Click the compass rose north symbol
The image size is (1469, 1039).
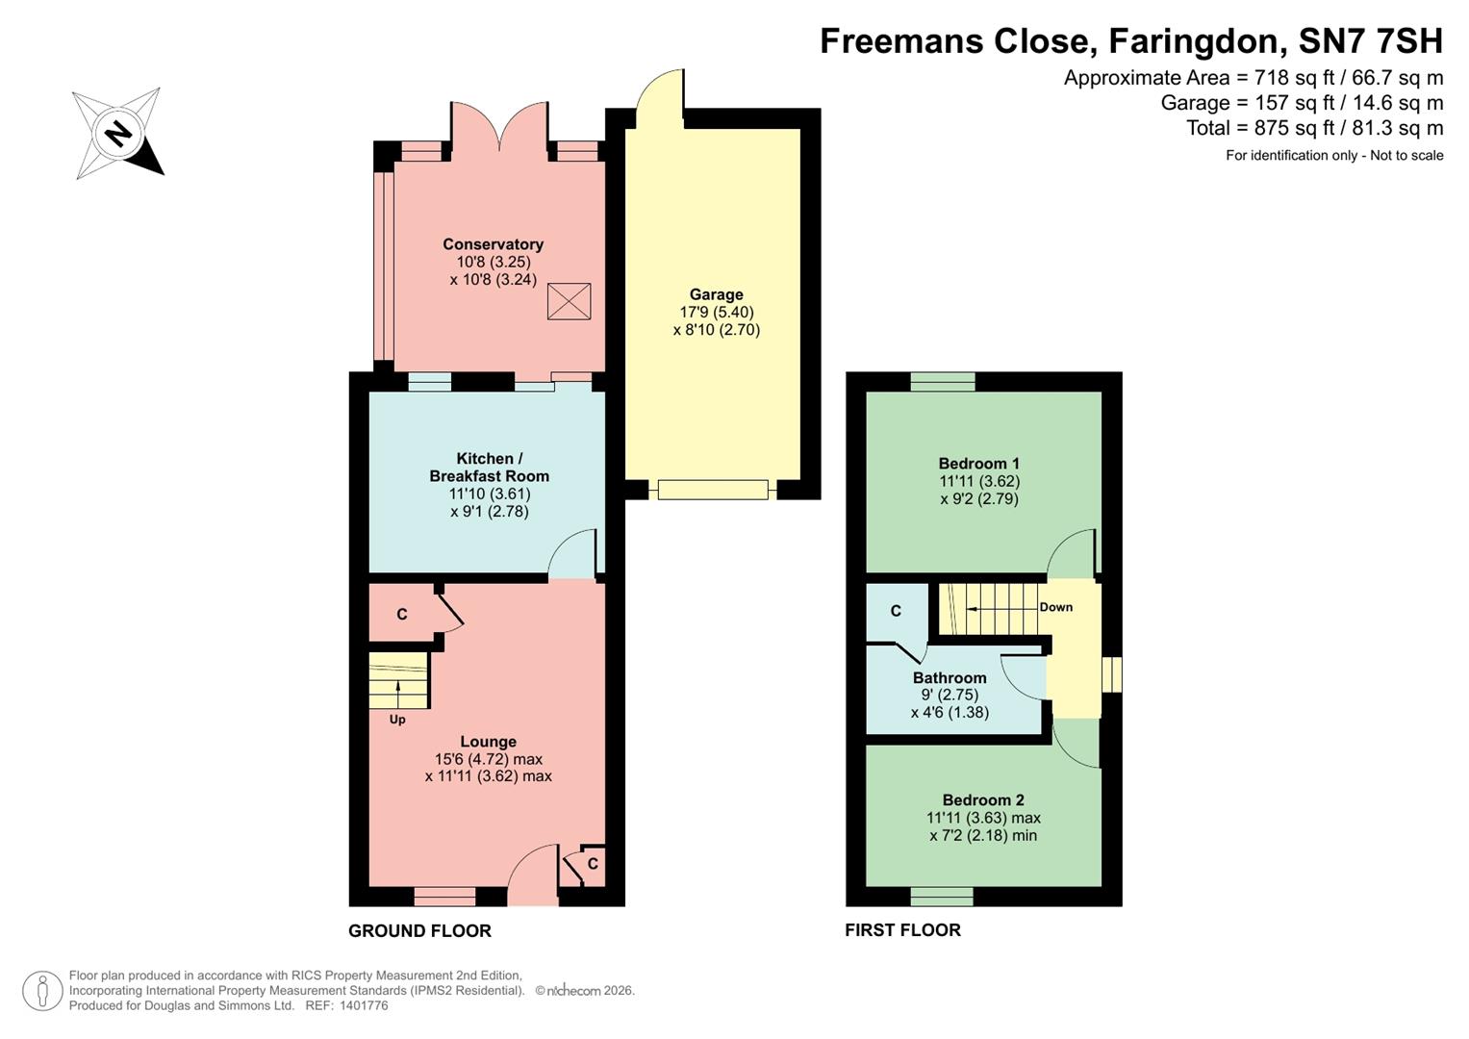(x=118, y=133)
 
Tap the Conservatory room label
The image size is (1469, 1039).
(x=493, y=244)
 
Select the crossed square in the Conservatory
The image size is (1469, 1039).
(x=569, y=301)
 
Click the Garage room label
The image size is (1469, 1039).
(x=716, y=295)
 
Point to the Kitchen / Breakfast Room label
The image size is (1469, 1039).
(x=489, y=468)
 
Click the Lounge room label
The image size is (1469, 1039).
(x=488, y=742)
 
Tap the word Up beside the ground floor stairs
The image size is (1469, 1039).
(x=397, y=720)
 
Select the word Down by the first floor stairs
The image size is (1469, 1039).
(x=1055, y=607)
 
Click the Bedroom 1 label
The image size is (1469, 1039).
(x=979, y=464)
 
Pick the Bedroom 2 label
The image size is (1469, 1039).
(x=983, y=800)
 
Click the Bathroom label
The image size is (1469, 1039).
(x=950, y=678)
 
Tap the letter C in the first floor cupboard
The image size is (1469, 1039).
(x=896, y=611)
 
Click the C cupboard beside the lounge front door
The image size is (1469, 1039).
(x=593, y=864)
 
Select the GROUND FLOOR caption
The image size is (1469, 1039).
(x=419, y=931)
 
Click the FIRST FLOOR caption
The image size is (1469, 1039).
(x=902, y=930)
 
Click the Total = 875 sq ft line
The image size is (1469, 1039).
(x=1314, y=128)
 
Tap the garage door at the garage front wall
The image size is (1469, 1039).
(x=713, y=490)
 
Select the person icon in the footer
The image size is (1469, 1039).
(x=42, y=991)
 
